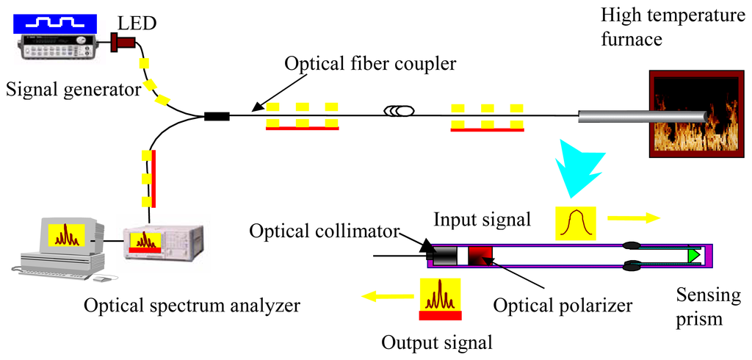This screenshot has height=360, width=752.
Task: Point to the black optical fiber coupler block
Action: (x=217, y=115)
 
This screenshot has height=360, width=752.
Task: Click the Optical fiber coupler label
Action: (x=370, y=64)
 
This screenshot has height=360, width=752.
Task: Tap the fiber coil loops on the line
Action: (x=400, y=112)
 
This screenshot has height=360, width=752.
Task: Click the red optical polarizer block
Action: (x=480, y=256)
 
